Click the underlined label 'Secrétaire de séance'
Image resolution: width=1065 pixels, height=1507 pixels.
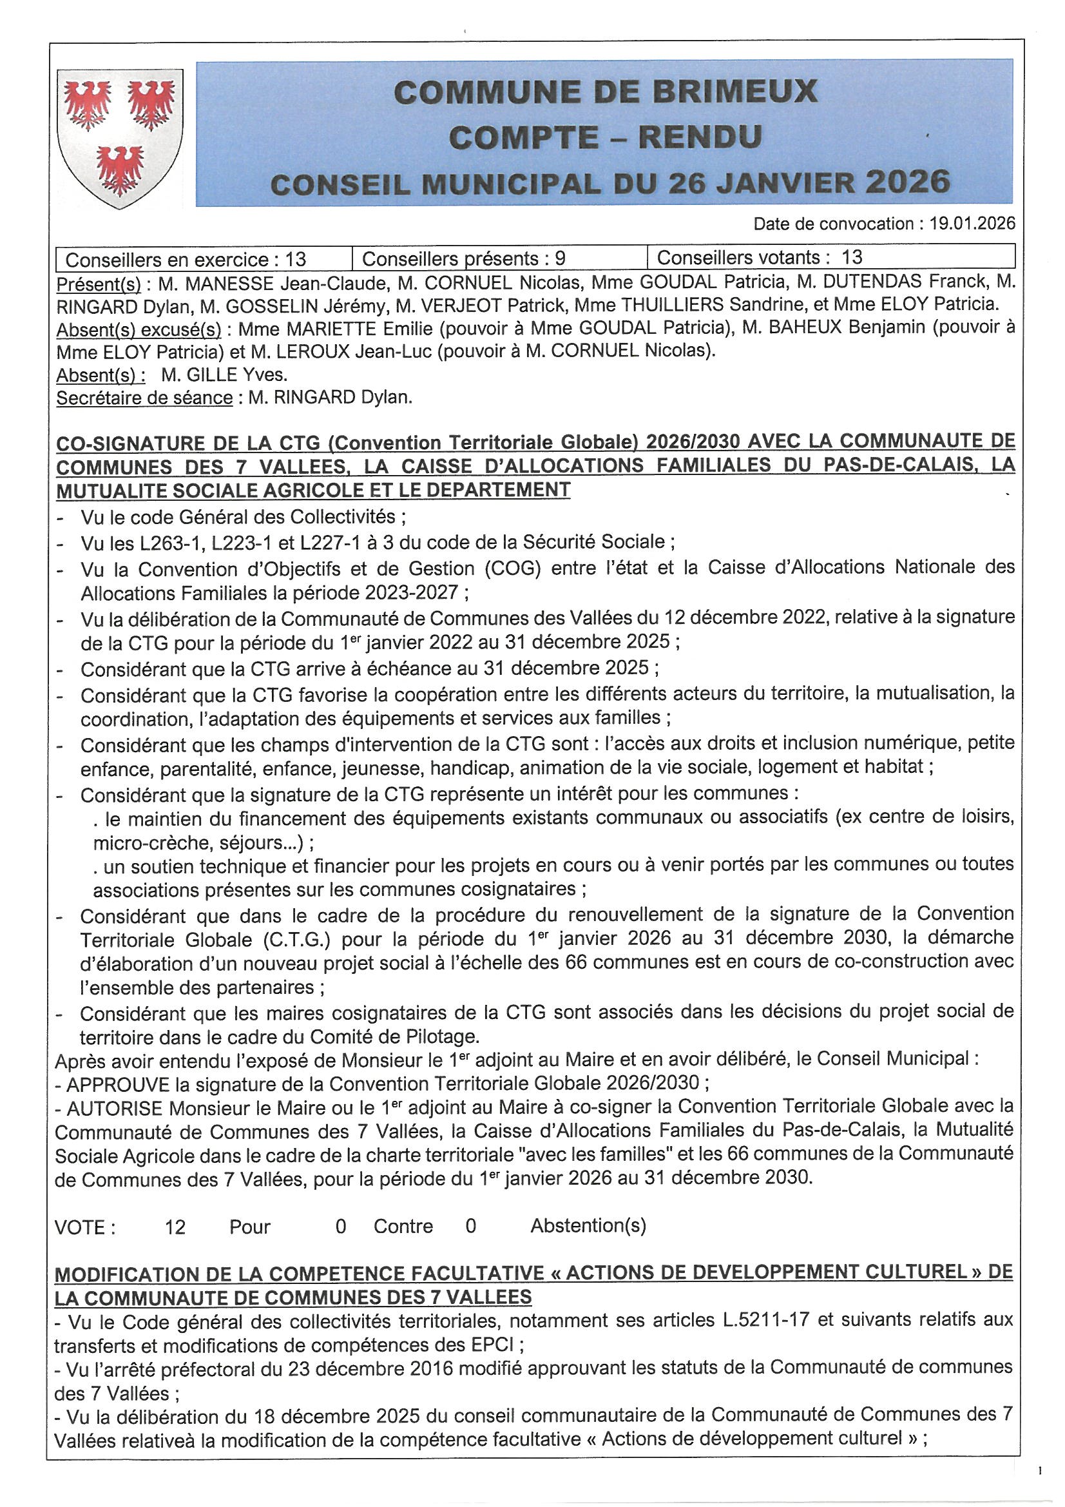[x=144, y=398]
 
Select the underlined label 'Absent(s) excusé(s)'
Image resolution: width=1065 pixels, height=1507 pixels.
[x=139, y=328]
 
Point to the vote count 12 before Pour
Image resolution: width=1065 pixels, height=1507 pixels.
[x=175, y=1227]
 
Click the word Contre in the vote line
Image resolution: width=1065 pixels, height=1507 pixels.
[x=403, y=1226]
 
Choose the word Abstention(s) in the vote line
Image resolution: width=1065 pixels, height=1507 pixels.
[x=588, y=1225]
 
